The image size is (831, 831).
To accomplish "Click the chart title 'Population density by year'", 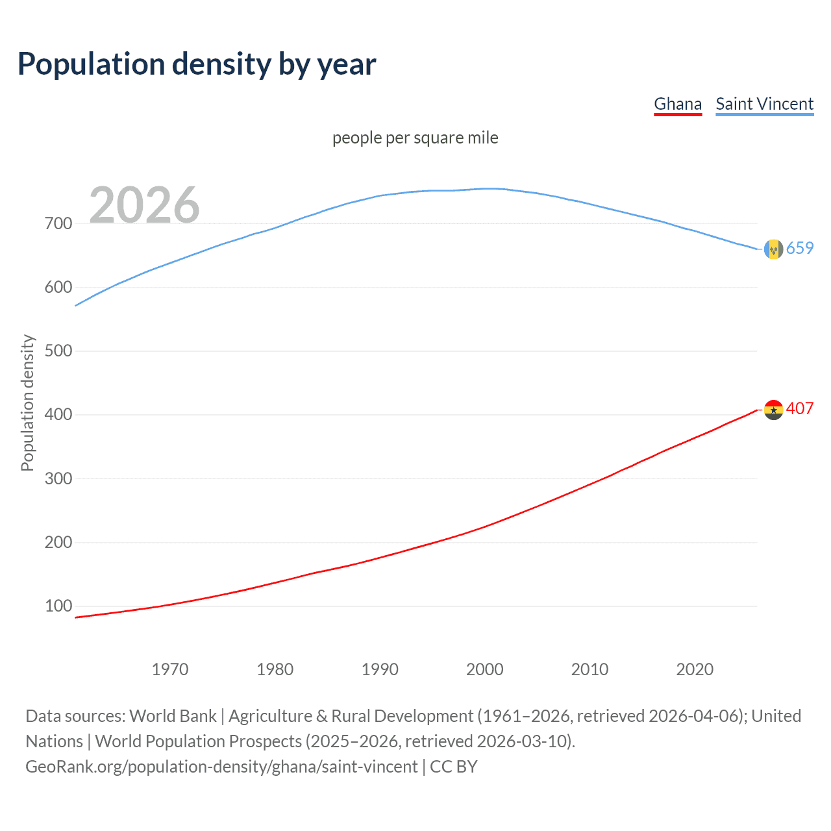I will pyautogui.click(x=197, y=64).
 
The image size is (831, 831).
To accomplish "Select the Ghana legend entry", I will pyautogui.click(x=677, y=104).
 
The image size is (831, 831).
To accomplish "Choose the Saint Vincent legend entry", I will pyautogui.click(x=764, y=104).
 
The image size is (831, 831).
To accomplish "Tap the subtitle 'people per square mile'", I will pyautogui.click(x=415, y=138).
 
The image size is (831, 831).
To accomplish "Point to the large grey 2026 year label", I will pyautogui.click(x=144, y=205).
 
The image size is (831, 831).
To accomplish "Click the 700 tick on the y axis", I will pyautogui.click(x=58, y=223).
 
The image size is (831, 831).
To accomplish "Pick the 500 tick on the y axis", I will pyautogui.click(x=58, y=351).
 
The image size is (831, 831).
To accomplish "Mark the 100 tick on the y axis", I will pyautogui.click(x=58, y=606).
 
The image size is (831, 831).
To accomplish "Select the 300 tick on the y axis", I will pyautogui.click(x=58, y=478).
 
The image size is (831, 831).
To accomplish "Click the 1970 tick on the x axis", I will pyautogui.click(x=170, y=669).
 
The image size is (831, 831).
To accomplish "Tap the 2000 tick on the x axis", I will pyautogui.click(x=485, y=669).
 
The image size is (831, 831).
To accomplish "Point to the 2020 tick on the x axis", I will pyautogui.click(x=695, y=669).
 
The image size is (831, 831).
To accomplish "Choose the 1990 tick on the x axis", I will pyautogui.click(x=380, y=669).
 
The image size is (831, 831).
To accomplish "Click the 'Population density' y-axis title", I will pyautogui.click(x=27, y=403).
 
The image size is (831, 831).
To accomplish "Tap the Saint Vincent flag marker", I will pyautogui.click(x=773, y=249).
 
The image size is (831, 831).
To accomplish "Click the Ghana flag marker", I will pyautogui.click(x=773, y=410).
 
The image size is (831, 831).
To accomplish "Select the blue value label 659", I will pyautogui.click(x=800, y=248).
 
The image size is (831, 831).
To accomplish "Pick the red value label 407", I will pyautogui.click(x=800, y=408).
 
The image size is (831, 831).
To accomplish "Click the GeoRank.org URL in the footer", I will pyautogui.click(x=221, y=767).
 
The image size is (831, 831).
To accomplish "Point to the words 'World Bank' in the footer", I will pyautogui.click(x=173, y=716).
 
